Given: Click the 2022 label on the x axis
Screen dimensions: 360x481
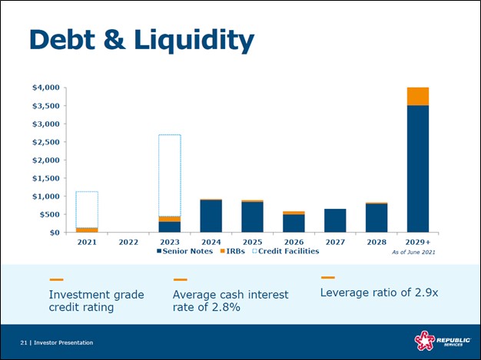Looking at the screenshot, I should point(128,242).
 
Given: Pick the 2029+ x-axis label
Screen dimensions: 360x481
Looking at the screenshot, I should point(418,242).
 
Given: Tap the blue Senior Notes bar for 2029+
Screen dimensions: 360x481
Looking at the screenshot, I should point(418,169).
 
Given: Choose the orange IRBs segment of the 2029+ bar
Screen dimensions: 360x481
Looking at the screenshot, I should point(418,96).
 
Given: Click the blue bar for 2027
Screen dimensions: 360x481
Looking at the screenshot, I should point(335,220).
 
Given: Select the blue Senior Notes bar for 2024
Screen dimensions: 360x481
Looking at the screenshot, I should point(211,216).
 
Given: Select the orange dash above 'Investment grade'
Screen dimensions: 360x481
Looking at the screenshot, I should point(56,279).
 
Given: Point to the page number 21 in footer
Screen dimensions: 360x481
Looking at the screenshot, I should point(24,342).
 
